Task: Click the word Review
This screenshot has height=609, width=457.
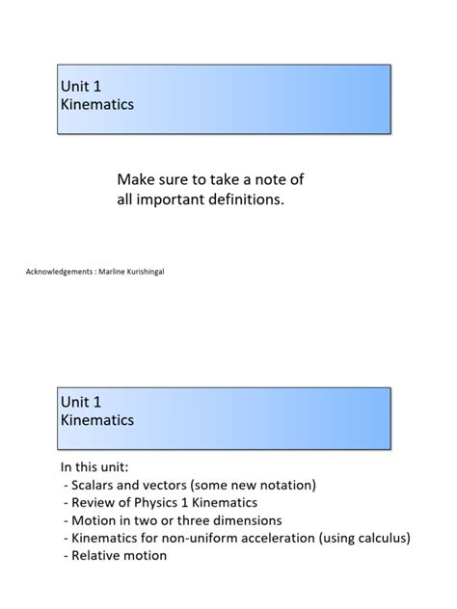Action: click(93, 502)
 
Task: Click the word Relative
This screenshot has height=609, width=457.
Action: click(97, 556)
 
